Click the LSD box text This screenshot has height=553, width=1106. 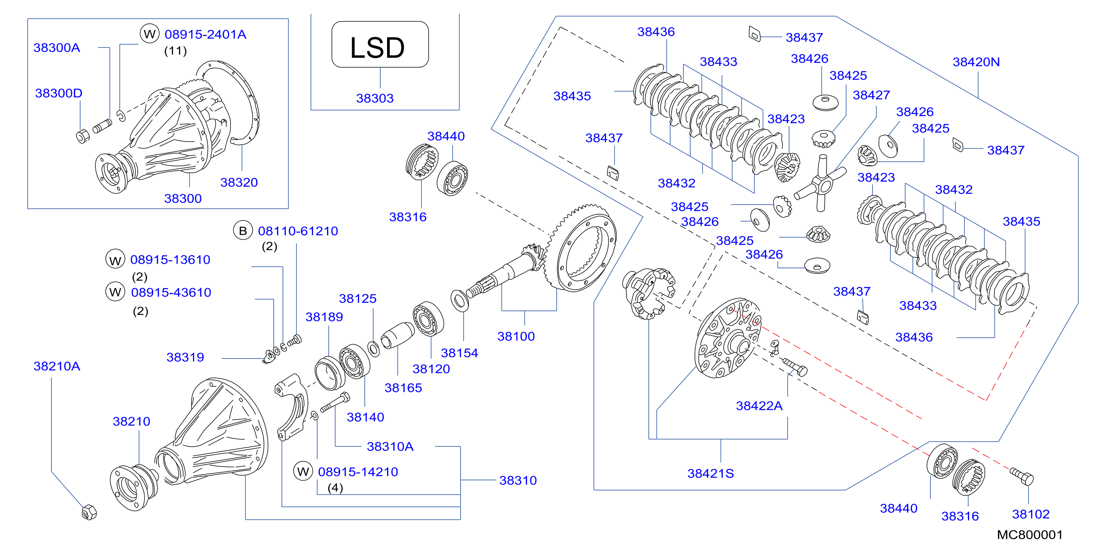click(377, 47)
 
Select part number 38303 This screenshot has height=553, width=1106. click(375, 98)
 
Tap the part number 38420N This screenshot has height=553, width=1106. click(976, 62)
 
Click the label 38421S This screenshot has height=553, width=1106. click(711, 473)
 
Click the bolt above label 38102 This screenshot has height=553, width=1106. click(1021, 476)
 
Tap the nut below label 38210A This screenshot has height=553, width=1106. click(89, 512)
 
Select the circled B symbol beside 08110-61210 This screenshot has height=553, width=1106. click(243, 231)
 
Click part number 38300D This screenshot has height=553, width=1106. click(59, 93)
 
